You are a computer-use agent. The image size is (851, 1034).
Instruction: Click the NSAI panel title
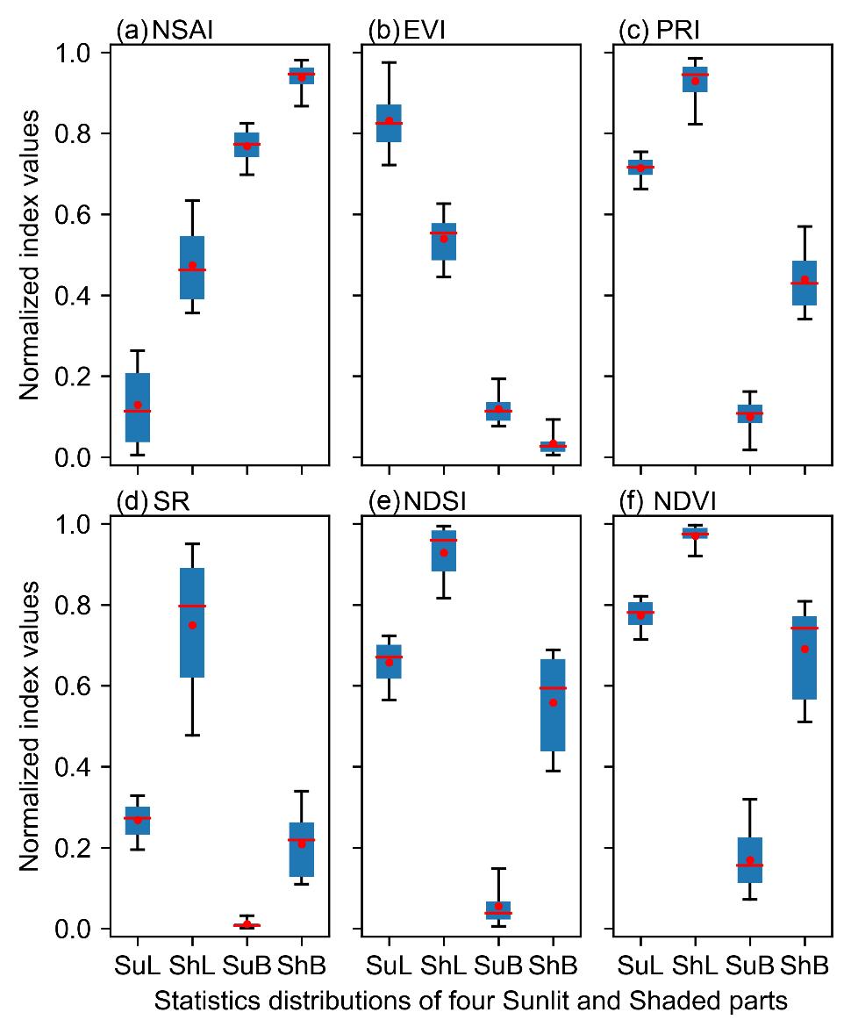pos(166,32)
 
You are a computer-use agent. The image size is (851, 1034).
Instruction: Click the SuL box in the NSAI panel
pos(137,407)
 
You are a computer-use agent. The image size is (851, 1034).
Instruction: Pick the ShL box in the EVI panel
pos(444,241)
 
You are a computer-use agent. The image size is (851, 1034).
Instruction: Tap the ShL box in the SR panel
pos(192,622)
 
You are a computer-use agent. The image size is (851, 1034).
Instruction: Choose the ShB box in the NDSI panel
pos(553,705)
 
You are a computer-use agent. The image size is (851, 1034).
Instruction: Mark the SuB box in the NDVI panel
pos(750,860)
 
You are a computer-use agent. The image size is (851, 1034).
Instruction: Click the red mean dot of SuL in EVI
pos(389,120)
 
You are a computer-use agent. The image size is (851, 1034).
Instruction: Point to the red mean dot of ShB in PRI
pos(805,280)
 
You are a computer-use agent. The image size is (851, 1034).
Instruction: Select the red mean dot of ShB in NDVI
pos(805,649)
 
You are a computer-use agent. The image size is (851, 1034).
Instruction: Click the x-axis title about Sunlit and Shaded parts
pos(470,1002)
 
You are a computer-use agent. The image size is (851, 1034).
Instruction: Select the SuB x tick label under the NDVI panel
pos(750,966)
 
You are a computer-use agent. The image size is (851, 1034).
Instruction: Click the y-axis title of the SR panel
pos(31,726)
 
